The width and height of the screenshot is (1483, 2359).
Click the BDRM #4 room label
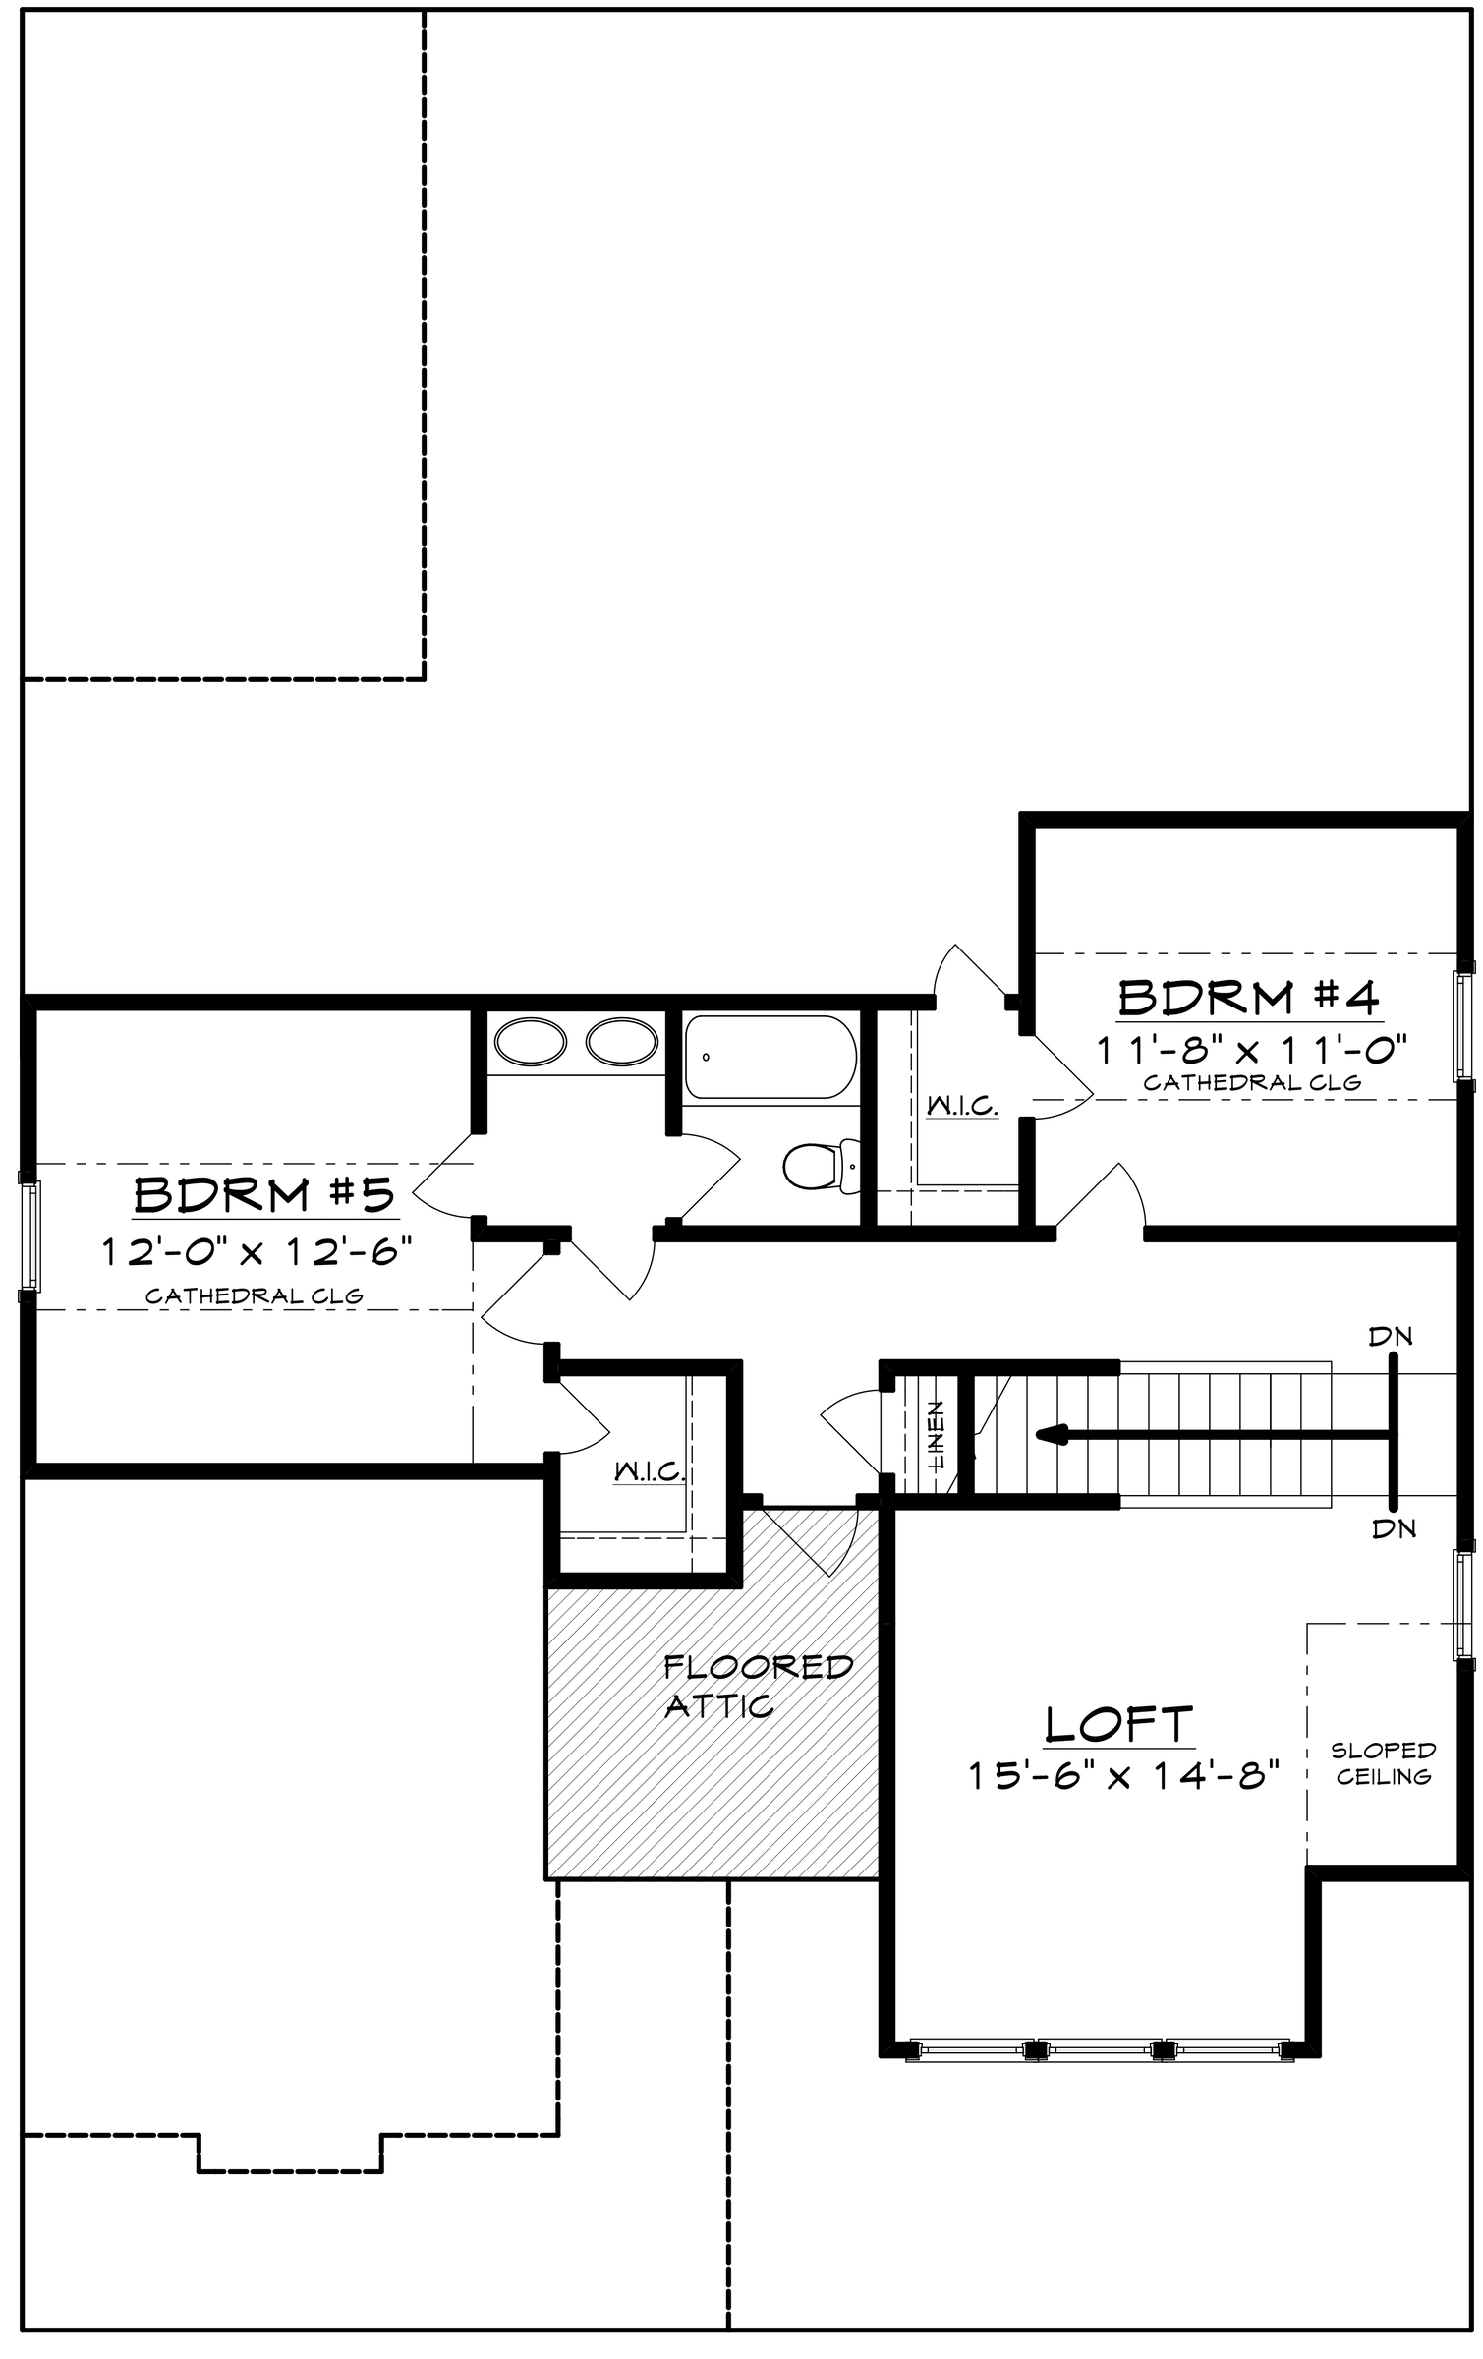(x=1249, y=999)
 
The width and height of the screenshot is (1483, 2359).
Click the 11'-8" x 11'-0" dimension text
(x=1252, y=1050)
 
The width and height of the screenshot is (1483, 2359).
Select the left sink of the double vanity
(x=531, y=1042)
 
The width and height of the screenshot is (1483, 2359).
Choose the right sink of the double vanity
(x=622, y=1042)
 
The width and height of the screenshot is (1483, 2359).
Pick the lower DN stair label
(x=1393, y=1528)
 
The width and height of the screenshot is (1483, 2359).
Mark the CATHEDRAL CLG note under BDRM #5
(x=255, y=1295)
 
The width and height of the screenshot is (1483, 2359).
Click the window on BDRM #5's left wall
(x=31, y=1236)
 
